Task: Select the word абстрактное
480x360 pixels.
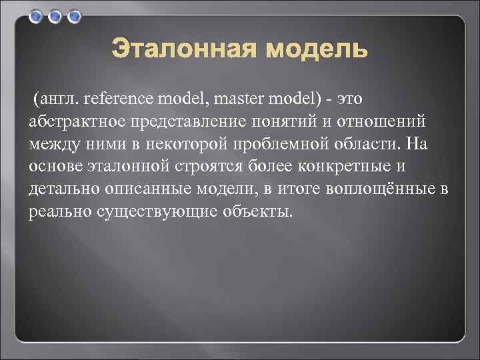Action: click(x=73, y=123)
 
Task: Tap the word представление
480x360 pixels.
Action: click(x=175, y=123)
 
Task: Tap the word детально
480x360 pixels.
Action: click(x=64, y=189)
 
